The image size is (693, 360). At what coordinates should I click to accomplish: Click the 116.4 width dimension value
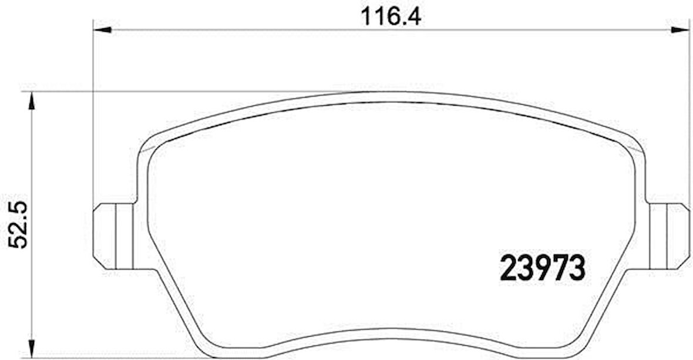[x=391, y=16]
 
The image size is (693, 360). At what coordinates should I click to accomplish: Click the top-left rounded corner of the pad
[x=147, y=144]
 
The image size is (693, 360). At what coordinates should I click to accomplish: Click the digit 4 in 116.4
[x=414, y=16]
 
